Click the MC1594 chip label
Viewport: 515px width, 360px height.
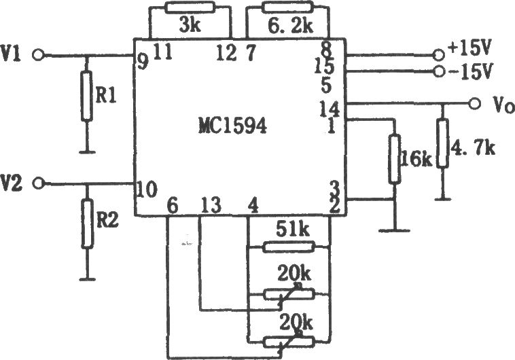[x=232, y=126]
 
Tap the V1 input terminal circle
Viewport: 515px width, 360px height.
[x=38, y=55]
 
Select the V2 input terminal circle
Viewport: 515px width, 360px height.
[x=39, y=183]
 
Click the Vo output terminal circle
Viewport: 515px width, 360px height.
[x=474, y=103]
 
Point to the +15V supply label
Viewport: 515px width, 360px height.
[x=470, y=49]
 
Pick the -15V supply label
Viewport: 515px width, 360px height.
[x=470, y=71]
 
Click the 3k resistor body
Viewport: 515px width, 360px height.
[x=190, y=7]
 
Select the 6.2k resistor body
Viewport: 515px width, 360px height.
[x=288, y=7]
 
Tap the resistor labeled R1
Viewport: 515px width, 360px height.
[x=86, y=96]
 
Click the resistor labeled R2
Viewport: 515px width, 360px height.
[x=87, y=223]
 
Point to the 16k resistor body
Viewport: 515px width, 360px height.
[x=395, y=159]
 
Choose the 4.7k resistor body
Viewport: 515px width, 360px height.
[x=443, y=144]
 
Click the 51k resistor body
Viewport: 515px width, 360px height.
[x=289, y=247]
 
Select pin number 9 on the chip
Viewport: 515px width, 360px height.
[x=143, y=62]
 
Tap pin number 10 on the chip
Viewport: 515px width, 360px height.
[x=147, y=190]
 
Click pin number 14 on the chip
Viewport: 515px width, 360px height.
[x=330, y=109]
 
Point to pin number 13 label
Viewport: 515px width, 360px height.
[x=211, y=206]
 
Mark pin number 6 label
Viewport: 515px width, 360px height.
[x=172, y=206]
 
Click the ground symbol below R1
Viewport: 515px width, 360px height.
[x=87, y=152]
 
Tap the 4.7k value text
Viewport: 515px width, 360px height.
[x=474, y=148]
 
